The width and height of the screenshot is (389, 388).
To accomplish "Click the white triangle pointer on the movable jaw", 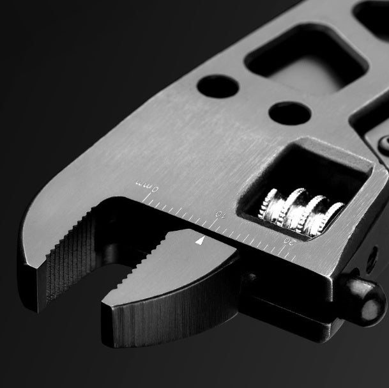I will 201,241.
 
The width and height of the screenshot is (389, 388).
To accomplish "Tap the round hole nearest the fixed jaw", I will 217,87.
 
